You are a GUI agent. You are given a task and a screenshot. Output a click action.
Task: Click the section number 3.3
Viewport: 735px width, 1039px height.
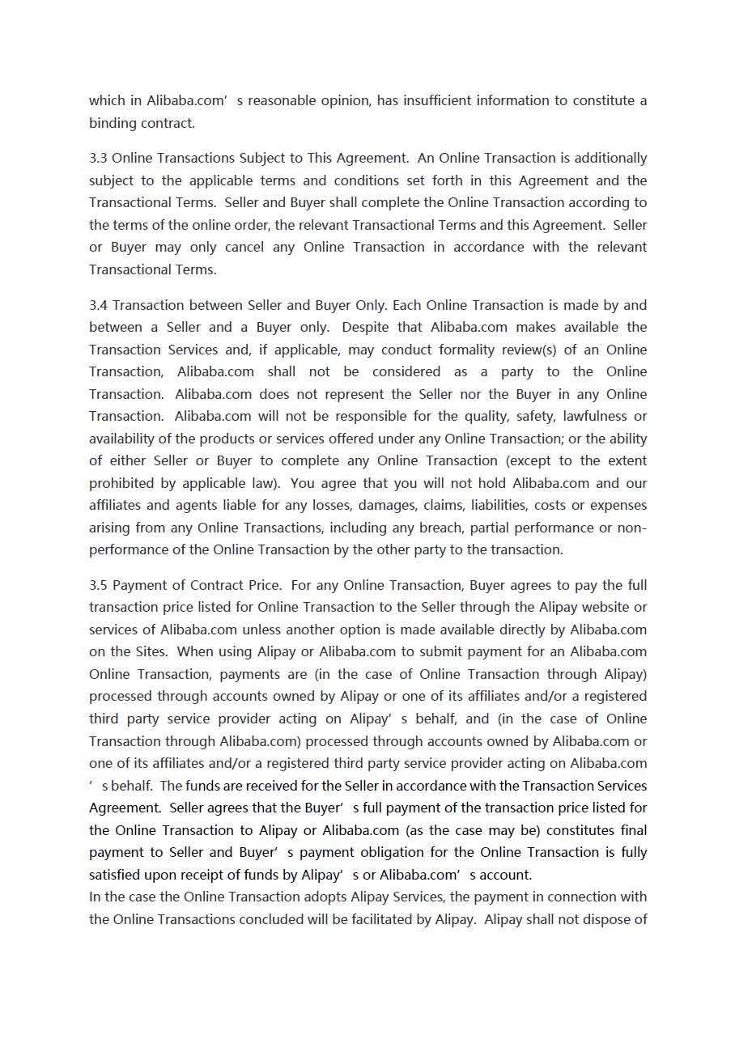[98, 158]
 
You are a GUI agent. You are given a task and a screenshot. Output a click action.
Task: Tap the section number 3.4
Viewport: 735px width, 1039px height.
[98, 305]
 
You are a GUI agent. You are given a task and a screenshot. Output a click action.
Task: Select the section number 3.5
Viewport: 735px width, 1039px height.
[98, 585]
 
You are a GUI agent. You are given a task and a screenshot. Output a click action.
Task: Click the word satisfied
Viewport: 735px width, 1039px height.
[115, 875]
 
